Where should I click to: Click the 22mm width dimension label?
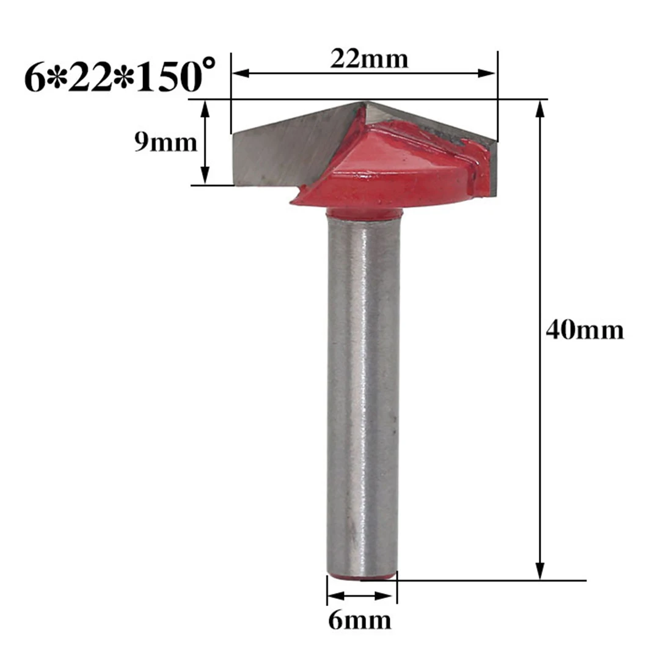[x=369, y=59]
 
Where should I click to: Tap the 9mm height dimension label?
[x=166, y=142]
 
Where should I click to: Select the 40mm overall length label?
[x=585, y=331]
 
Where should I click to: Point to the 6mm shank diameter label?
[x=360, y=620]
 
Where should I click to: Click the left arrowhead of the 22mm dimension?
[x=240, y=74]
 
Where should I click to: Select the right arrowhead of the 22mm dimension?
[x=486, y=73]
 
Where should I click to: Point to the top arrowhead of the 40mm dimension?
[x=541, y=109]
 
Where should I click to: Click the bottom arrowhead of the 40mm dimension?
[x=541, y=571]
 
